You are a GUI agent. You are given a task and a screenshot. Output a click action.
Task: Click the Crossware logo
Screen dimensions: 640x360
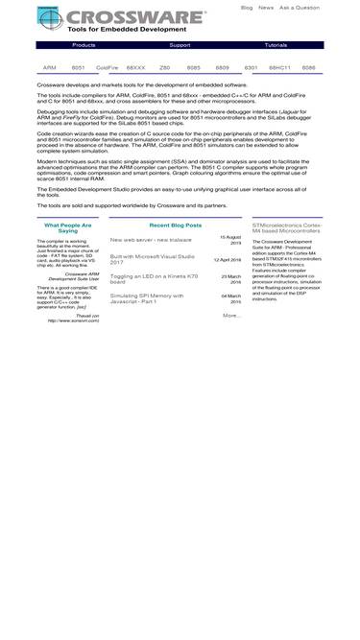tap(122, 19)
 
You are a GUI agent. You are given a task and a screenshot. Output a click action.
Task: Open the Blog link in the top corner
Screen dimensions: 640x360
tap(247, 8)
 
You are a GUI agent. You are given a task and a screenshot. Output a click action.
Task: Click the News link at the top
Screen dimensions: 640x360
tap(266, 8)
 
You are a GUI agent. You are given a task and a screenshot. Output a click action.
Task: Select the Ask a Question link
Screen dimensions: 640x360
tap(300, 8)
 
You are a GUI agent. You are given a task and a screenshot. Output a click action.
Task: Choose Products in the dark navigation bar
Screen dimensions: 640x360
tap(84, 45)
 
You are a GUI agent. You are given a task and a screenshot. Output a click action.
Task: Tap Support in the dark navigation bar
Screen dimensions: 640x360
tap(180, 45)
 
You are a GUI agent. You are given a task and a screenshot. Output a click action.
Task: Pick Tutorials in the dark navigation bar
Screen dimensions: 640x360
tap(276, 45)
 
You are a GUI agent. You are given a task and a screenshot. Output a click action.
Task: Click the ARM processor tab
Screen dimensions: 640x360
tap(50, 68)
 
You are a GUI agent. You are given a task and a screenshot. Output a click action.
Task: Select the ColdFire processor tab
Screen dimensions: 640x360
tap(108, 68)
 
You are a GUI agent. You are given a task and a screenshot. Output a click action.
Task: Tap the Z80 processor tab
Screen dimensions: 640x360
tap(164, 68)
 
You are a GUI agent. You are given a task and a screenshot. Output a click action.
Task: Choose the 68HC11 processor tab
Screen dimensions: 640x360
tap(279, 68)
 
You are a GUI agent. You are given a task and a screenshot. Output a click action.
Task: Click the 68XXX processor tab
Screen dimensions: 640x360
tap(136, 68)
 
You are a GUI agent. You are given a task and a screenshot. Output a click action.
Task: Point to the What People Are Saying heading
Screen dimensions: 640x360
tap(68, 227)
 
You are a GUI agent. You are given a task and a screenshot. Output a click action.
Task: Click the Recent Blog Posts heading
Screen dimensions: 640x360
tap(176, 225)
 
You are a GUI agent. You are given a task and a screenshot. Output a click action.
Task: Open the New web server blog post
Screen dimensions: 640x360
tap(150, 240)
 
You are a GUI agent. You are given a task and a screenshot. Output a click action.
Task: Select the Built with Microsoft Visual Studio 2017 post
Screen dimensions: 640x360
tap(153, 258)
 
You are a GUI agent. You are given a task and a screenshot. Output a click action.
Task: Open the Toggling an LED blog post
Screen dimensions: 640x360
tap(155, 278)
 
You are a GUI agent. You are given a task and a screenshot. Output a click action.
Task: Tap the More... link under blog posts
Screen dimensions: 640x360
tap(231, 315)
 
